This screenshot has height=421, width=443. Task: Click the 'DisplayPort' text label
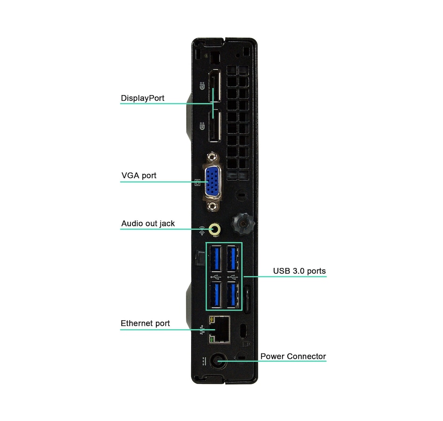click(x=142, y=98)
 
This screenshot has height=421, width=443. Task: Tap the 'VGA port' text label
click(x=138, y=175)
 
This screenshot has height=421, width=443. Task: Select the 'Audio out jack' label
click(x=148, y=223)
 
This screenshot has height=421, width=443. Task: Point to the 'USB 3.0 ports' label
click(x=299, y=271)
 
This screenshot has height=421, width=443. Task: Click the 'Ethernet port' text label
click(x=145, y=323)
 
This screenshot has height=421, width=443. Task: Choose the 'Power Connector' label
click(x=293, y=356)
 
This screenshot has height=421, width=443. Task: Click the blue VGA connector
click(x=213, y=181)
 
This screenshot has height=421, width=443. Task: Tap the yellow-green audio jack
click(x=215, y=229)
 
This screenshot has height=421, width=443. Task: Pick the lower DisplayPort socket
click(x=215, y=125)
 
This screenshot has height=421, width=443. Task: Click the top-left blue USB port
click(x=216, y=259)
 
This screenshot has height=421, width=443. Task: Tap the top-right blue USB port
click(x=233, y=259)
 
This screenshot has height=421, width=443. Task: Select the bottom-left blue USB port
click(x=216, y=295)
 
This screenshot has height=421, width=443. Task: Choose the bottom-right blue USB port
click(x=233, y=295)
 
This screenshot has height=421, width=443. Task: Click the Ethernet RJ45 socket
click(x=219, y=330)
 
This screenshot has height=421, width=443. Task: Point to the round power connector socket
click(x=219, y=361)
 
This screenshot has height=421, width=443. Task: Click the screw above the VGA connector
click(x=213, y=157)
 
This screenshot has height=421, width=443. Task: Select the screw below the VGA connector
click(x=213, y=206)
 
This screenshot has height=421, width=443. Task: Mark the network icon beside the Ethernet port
click(x=202, y=330)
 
